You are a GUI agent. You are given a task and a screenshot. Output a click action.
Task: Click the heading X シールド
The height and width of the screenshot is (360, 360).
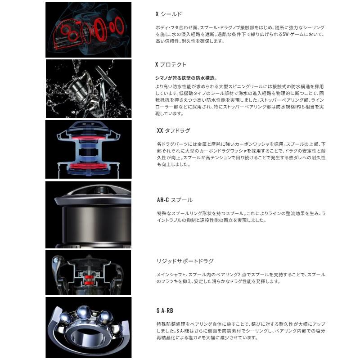pos(168,14)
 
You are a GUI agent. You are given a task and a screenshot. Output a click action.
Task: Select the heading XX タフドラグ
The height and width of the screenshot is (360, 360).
pos(173,130)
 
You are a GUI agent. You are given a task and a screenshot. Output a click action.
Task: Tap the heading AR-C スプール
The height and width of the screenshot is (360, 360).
pos(174,200)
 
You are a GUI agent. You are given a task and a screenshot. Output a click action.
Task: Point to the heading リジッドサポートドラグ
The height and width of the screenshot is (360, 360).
pos(184,261)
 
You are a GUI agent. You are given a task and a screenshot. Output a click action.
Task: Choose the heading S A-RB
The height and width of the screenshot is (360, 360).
pos(164,310)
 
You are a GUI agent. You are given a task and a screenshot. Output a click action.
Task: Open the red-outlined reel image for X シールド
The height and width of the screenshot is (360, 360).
pos(88,30)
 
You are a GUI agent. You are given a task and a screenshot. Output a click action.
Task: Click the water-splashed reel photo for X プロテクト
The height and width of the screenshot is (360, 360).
pos(88,89)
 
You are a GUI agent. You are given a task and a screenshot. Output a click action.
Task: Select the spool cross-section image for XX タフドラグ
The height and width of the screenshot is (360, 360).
pos(88,149)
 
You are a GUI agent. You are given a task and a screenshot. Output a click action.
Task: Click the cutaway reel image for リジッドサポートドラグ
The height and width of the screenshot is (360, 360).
pos(88,271)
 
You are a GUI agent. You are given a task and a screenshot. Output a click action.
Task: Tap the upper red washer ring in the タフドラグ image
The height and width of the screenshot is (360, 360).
pos(88,140)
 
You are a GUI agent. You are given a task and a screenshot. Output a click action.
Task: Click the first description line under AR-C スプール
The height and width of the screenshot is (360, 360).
pos(240,213)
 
